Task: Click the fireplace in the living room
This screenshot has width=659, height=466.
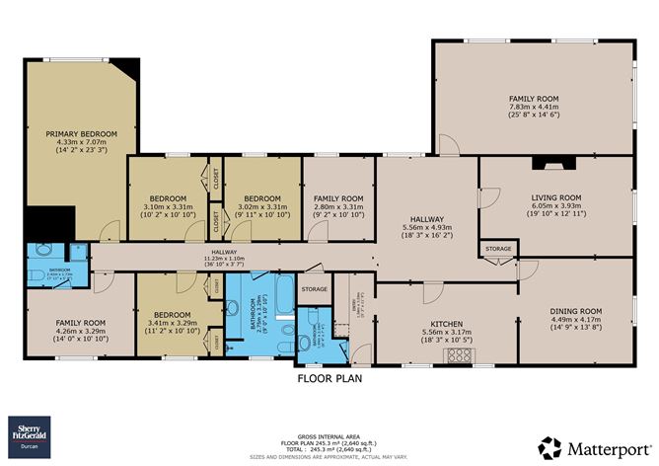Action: [x=543, y=164]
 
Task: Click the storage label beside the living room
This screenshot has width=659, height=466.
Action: [x=498, y=249]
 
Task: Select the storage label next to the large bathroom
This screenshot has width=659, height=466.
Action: [x=314, y=289]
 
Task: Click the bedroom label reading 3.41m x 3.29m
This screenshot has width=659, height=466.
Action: [x=172, y=322]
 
